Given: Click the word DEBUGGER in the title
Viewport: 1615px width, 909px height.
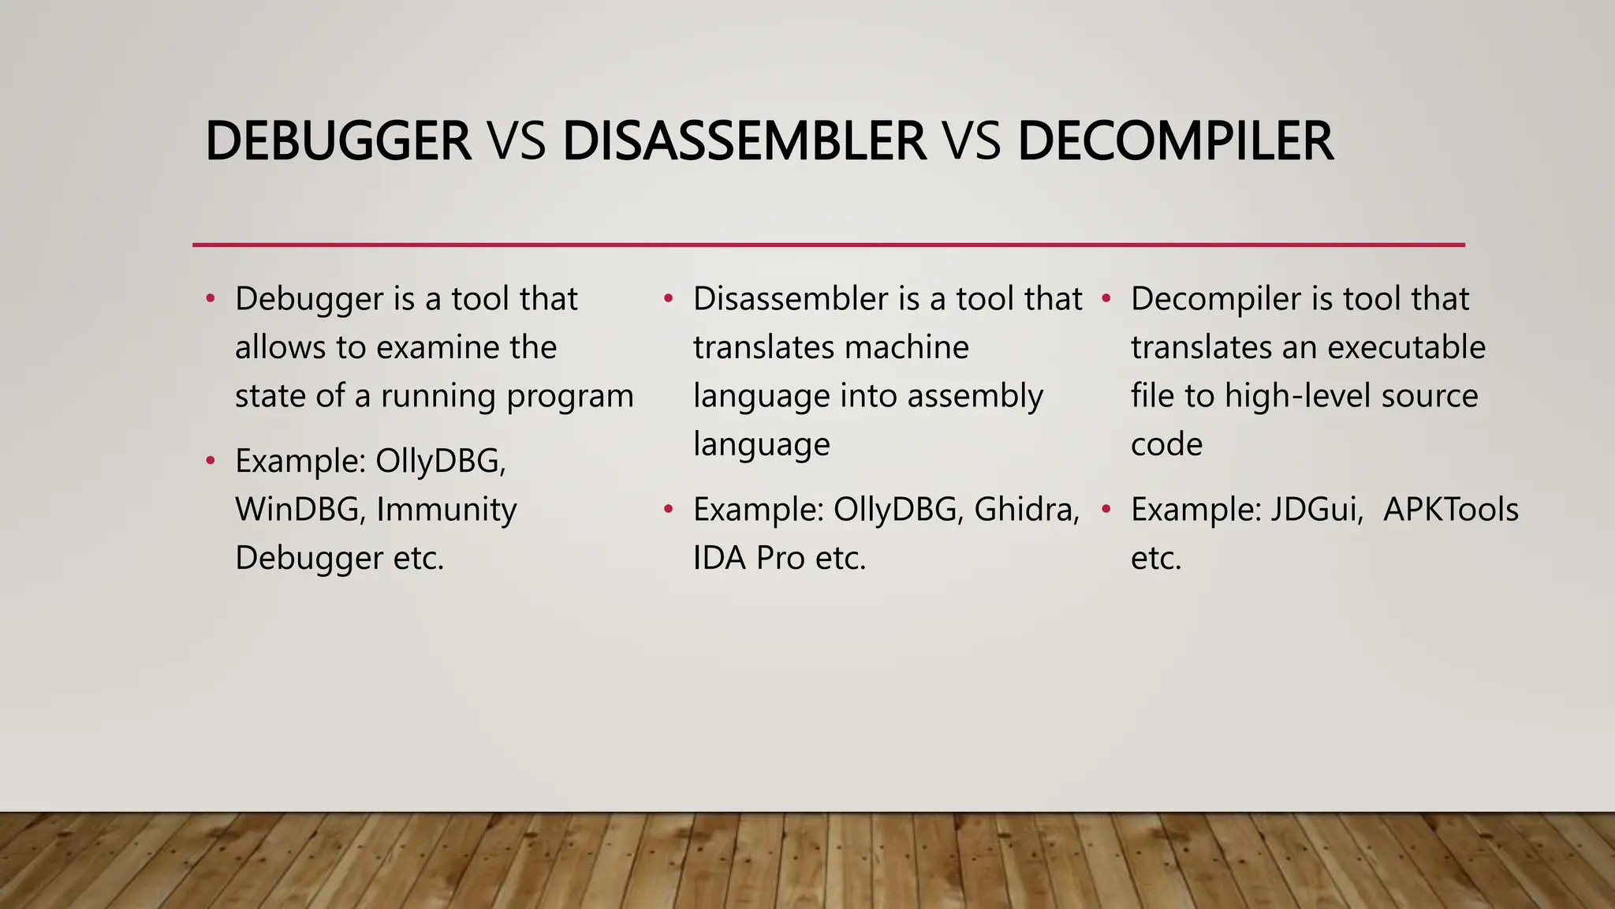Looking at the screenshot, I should click(x=338, y=142).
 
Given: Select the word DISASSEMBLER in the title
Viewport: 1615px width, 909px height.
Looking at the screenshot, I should click(x=744, y=142).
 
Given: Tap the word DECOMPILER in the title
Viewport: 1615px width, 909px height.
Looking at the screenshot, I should click(x=1175, y=142).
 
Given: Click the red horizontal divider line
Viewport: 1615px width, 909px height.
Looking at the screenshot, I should click(x=828, y=245).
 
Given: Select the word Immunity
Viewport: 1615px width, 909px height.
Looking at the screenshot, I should click(x=446, y=510).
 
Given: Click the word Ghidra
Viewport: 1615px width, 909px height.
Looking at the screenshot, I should click(x=1027, y=510).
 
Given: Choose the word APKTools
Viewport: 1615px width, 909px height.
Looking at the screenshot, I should click(x=1451, y=510).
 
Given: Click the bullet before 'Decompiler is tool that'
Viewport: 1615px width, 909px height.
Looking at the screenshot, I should click(x=1106, y=299).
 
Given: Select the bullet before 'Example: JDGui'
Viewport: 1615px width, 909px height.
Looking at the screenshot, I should click(x=1106, y=510).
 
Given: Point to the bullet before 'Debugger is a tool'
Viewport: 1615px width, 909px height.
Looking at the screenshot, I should click(x=210, y=299).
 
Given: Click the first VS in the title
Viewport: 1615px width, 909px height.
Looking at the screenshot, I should click(x=517, y=142).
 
